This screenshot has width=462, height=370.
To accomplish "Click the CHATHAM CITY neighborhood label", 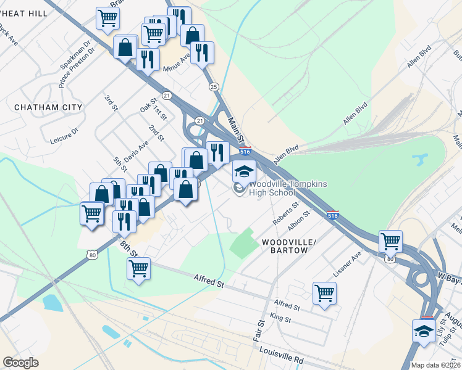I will pyautogui.click(x=48, y=107).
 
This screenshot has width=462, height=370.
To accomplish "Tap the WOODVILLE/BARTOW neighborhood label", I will pyautogui.click(x=289, y=243).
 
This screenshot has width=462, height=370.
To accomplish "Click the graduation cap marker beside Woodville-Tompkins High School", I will pyautogui.click(x=244, y=171).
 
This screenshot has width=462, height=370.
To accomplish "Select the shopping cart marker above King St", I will pyautogui.click(x=324, y=293).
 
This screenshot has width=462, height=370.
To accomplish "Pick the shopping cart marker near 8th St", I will pyautogui.click(x=138, y=268).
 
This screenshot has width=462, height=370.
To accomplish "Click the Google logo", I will pyautogui.click(x=21, y=363).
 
